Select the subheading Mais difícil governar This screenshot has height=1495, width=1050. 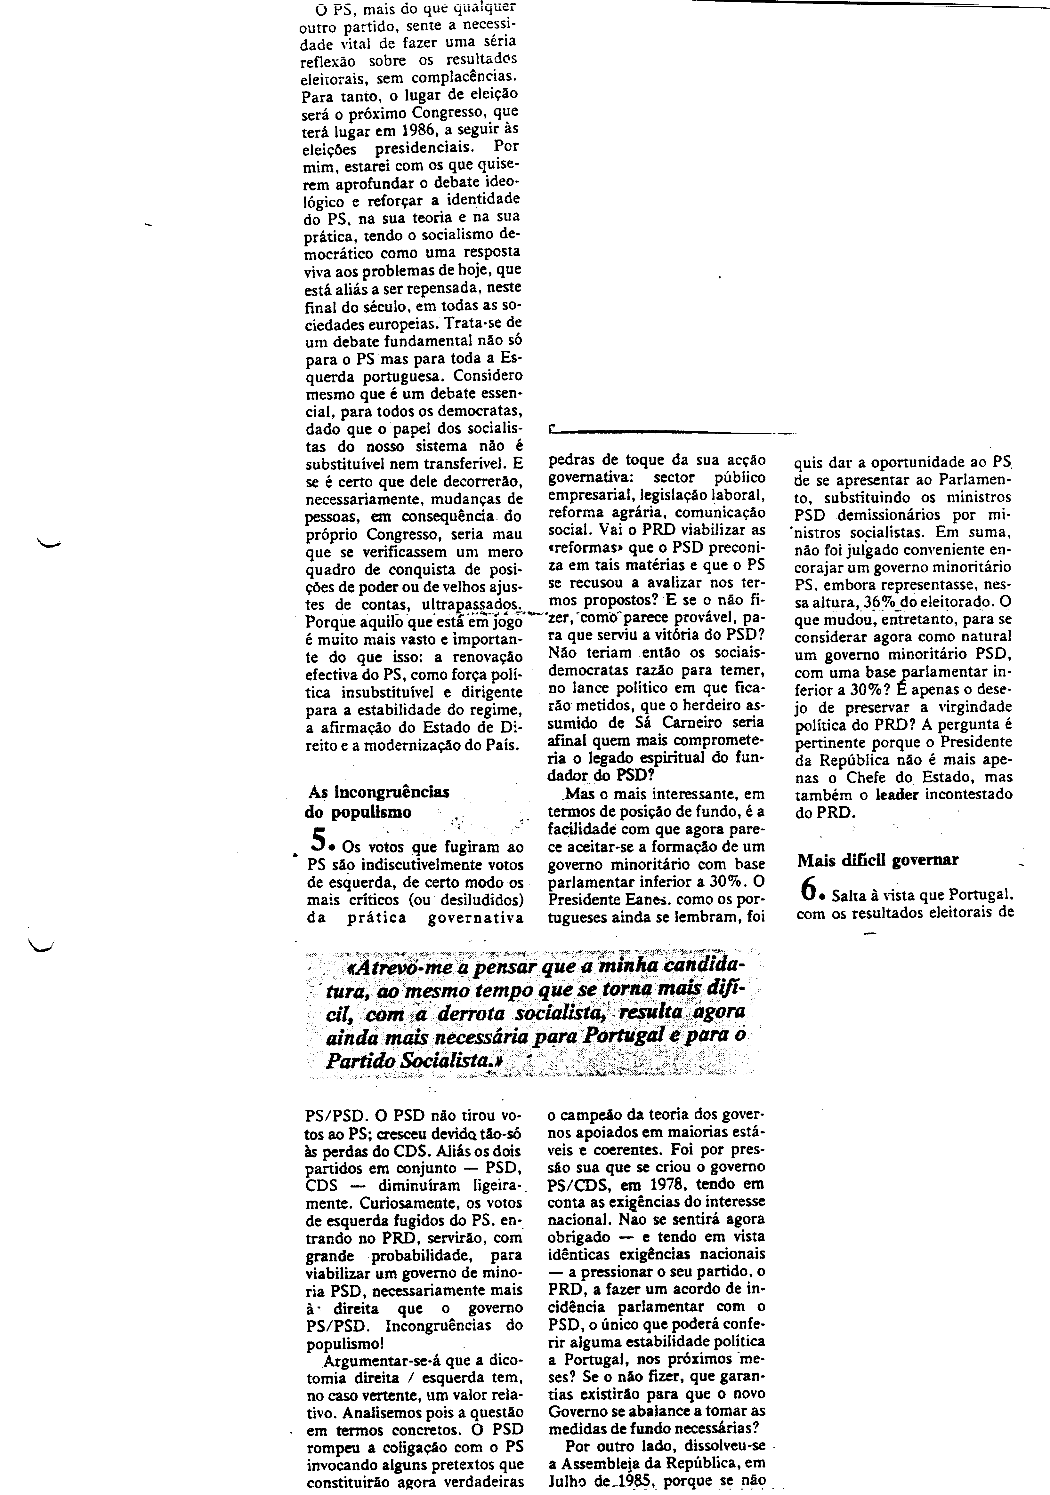[877, 860]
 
